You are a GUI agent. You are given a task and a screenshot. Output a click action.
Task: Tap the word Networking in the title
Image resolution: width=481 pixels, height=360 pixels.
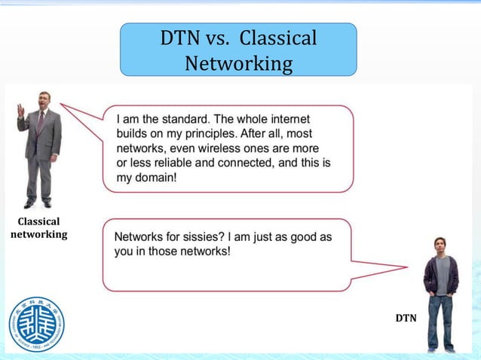238,63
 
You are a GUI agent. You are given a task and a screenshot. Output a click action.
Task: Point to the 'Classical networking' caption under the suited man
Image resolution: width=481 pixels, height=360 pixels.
38,227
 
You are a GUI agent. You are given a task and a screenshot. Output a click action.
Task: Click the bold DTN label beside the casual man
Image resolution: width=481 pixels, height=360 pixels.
406,319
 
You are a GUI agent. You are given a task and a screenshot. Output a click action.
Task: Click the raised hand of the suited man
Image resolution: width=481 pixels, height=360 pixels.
21,111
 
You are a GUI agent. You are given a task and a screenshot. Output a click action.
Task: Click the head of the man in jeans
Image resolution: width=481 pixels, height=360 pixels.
441,246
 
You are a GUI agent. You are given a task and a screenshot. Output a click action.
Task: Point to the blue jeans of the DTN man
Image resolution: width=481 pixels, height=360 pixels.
441,320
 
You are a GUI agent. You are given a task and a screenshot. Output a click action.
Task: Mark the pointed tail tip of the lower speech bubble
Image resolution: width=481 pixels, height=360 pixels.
408,265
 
